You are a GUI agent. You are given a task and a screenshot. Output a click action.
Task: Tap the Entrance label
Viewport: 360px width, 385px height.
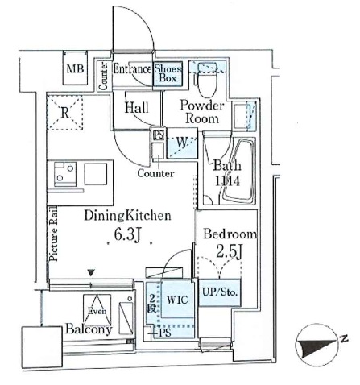132,70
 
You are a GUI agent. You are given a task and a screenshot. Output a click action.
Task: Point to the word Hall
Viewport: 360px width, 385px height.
135,106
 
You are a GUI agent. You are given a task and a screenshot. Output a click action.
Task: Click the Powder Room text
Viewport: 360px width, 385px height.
201,111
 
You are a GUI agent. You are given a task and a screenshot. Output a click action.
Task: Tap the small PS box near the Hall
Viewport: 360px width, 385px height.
159,135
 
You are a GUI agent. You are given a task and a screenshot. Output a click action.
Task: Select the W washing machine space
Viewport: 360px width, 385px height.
183,146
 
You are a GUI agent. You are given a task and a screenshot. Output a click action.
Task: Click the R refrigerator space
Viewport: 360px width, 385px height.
64,114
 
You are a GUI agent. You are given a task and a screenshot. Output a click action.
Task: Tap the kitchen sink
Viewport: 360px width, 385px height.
96,172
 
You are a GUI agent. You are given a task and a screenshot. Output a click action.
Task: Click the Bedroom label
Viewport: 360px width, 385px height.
230,234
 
